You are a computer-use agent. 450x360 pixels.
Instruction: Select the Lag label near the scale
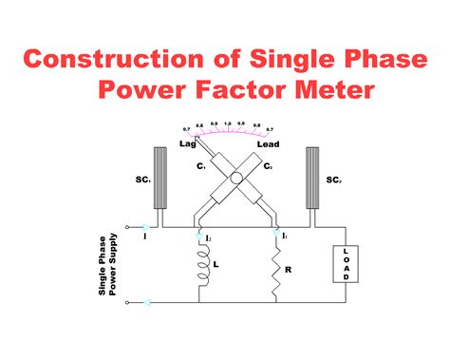[x=187, y=143]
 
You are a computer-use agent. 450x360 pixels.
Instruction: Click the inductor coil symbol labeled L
[x=201, y=266]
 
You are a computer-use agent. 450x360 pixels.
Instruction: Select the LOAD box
[x=344, y=267]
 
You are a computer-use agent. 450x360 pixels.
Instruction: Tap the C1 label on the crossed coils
[x=201, y=166]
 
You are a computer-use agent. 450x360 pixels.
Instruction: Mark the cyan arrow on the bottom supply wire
[x=145, y=304]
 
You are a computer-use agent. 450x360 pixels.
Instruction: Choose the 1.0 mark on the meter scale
[x=228, y=123]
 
